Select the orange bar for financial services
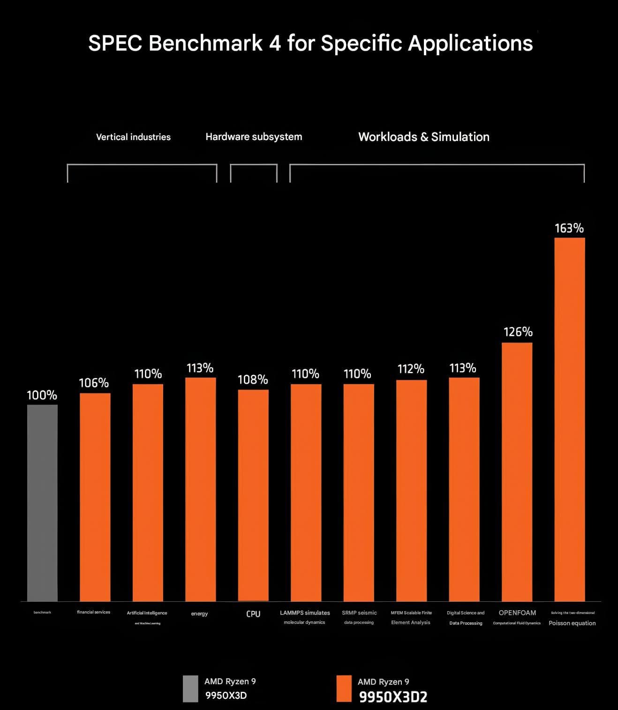click(x=95, y=497)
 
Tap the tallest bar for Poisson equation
click(x=570, y=419)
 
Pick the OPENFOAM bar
click(x=517, y=472)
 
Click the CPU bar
click(x=253, y=495)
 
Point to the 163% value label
click(x=569, y=228)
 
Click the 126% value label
click(x=518, y=332)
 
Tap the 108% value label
click(x=253, y=379)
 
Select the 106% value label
click(x=94, y=383)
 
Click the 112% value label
click(x=411, y=369)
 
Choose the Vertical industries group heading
click(x=133, y=137)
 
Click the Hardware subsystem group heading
click(x=254, y=137)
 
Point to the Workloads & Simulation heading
click(x=424, y=137)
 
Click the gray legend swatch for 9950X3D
click(x=190, y=688)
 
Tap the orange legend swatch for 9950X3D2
click(x=344, y=688)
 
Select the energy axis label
click(x=199, y=614)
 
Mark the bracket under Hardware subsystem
click(x=254, y=165)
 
